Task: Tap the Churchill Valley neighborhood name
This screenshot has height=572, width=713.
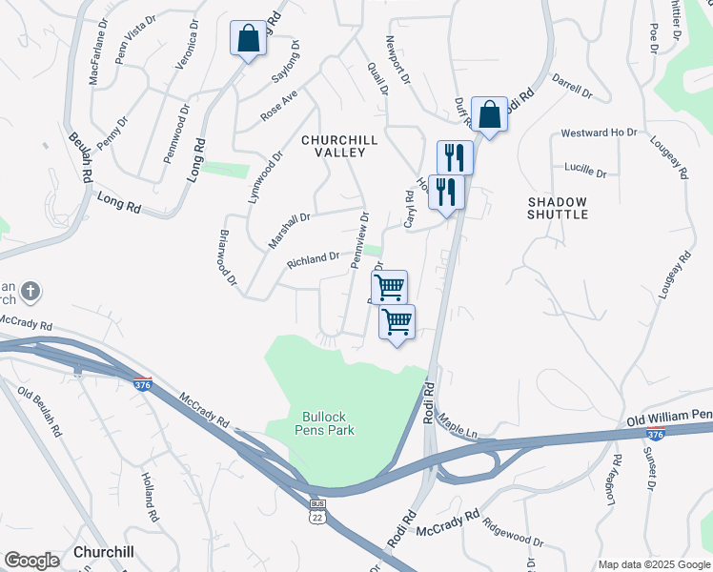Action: coord(340,146)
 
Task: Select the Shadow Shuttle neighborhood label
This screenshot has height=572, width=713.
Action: coord(558,208)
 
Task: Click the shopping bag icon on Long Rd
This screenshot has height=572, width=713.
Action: coord(248,39)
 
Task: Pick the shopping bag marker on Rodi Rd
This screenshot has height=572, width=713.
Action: coord(489,114)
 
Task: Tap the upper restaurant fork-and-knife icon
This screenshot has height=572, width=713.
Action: coord(455,156)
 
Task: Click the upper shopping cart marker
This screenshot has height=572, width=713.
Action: coord(389,287)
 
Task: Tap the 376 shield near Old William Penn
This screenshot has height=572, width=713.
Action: coord(655,434)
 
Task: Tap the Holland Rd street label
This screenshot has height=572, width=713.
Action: coord(150,496)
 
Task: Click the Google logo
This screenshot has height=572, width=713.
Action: coord(31,561)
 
